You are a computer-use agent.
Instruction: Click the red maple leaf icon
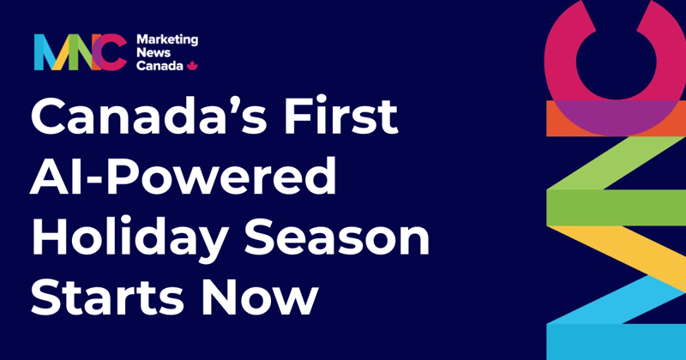click(192, 65)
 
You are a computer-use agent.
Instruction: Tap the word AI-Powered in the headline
click(184, 177)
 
